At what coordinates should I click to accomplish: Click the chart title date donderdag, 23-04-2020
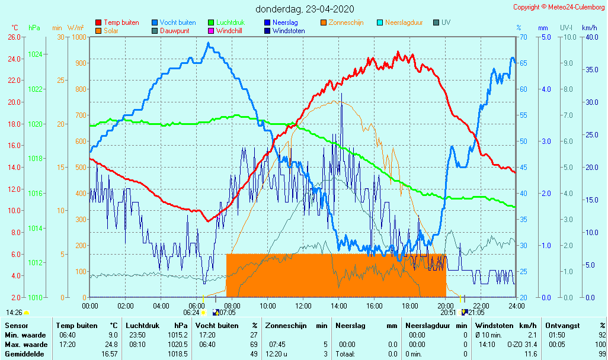tap(305, 9)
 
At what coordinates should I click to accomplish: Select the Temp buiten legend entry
tap(121, 22)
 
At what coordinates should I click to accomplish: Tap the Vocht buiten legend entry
tap(177, 22)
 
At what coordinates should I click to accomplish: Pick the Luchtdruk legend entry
tap(230, 22)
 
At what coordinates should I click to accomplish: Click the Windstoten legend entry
tap(288, 31)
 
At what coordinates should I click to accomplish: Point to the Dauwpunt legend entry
tap(174, 31)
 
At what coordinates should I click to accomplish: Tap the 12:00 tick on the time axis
tap(303, 306)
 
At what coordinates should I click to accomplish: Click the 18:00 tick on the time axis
tap(409, 306)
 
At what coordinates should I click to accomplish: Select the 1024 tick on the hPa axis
tap(35, 54)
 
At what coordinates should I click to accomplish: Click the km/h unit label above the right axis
tap(589, 28)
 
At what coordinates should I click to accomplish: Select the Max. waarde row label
tap(26, 344)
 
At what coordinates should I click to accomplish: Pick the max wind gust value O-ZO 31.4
tap(522, 344)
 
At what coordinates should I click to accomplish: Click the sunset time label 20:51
tap(448, 312)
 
